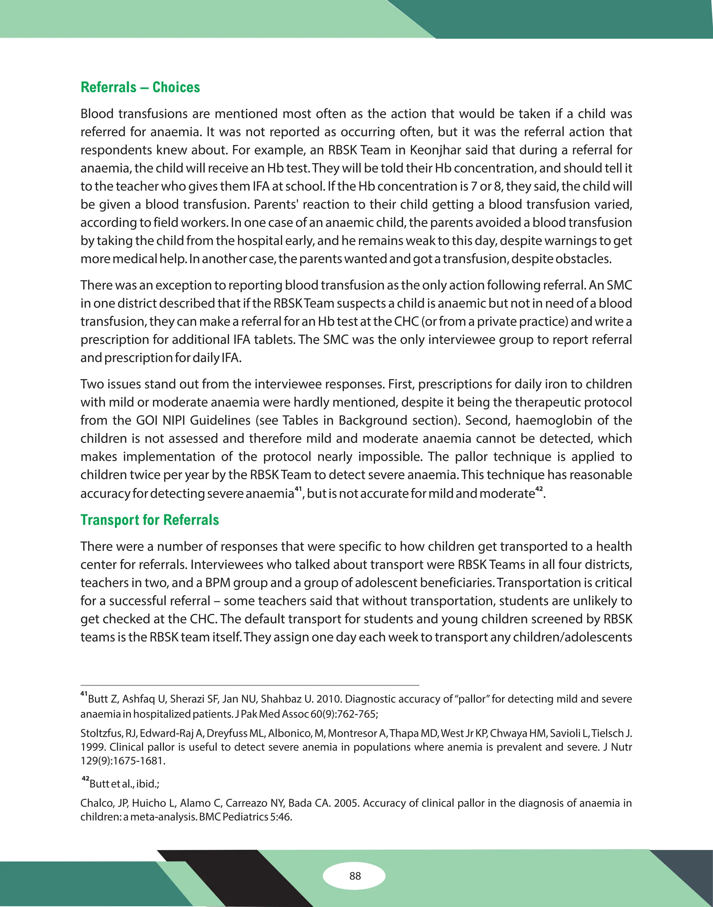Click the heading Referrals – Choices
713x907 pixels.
(x=140, y=87)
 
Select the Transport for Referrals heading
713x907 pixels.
(x=149, y=520)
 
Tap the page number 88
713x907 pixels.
(x=355, y=876)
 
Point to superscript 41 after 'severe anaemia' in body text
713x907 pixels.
(x=298, y=488)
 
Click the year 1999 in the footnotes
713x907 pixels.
(x=92, y=747)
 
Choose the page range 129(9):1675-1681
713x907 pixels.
(x=123, y=760)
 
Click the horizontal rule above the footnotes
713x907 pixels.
(x=250, y=685)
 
